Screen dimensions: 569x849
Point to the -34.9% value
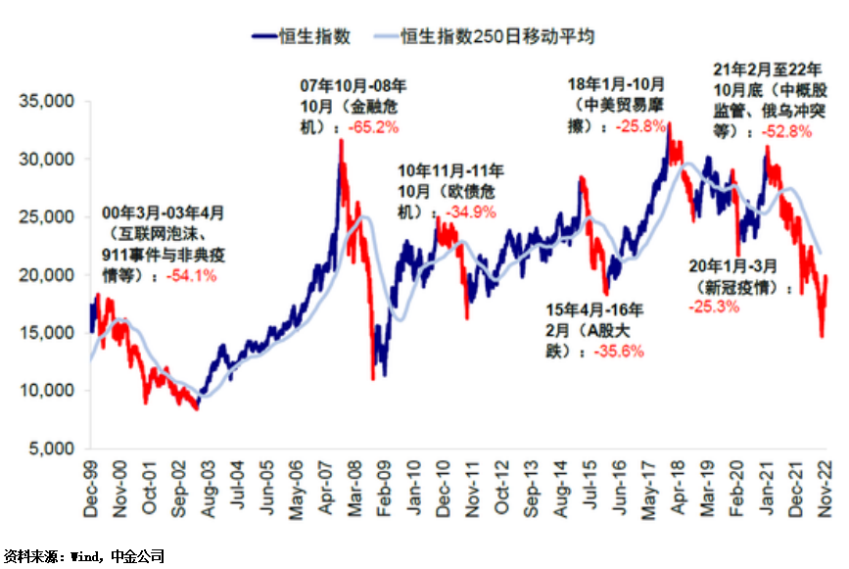pos(471,212)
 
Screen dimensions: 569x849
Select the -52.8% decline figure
pos(784,129)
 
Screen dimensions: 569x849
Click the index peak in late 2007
pos(341,140)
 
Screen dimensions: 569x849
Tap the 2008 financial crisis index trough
pos(372,379)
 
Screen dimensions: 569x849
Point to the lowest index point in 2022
pos(822,337)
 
